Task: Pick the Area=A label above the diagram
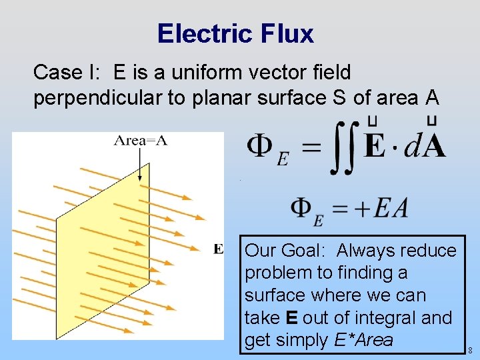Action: coord(140,140)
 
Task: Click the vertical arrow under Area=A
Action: coord(140,164)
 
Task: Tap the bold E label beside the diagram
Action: coord(219,249)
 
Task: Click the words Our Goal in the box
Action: coord(283,251)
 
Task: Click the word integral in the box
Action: coord(387,318)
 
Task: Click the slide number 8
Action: coord(470,350)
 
